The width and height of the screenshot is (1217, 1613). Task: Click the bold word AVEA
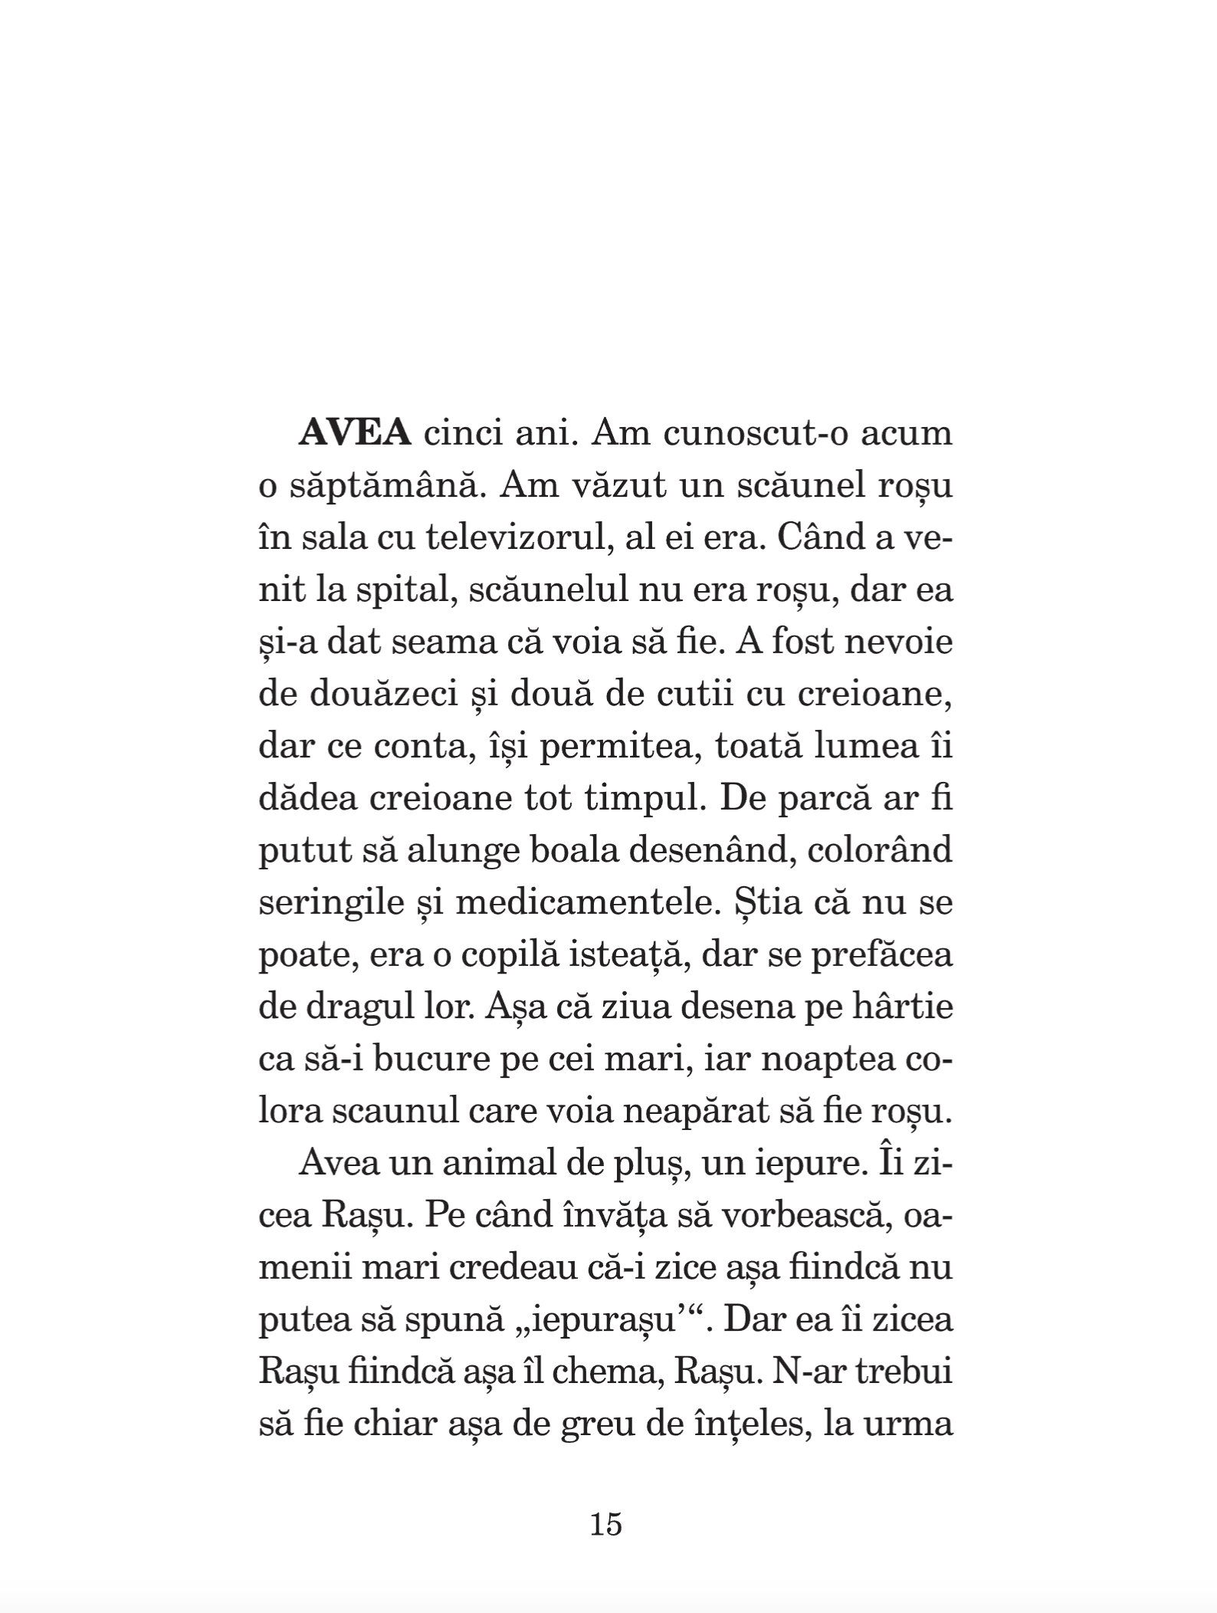click(355, 434)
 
